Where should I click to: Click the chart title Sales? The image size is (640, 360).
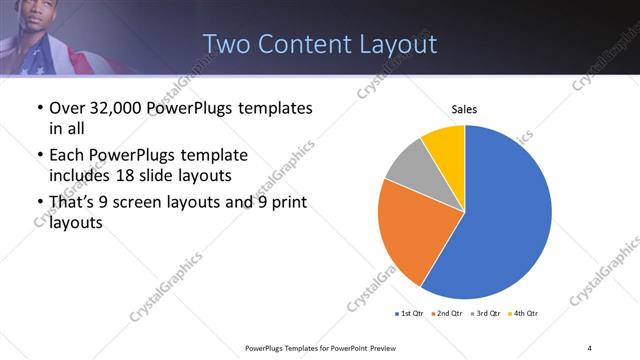click(465, 109)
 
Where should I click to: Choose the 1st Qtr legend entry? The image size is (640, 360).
click(410, 314)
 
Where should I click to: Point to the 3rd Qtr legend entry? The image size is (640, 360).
click(487, 314)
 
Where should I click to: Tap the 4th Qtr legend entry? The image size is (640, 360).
click(524, 314)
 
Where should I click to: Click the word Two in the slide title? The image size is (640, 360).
click(227, 44)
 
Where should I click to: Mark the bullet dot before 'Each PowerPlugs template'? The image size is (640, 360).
click(38, 156)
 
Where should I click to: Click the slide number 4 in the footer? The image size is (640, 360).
click(590, 347)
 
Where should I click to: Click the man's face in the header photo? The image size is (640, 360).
click(36, 15)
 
